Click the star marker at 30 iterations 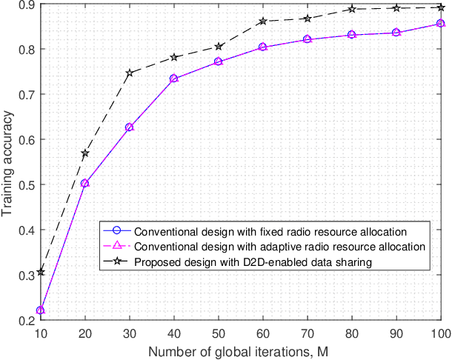129,73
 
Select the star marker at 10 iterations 40,272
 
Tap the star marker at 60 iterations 262,21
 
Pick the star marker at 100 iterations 440,7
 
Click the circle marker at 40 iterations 173,79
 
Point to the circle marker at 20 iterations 84,183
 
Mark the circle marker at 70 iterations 307,39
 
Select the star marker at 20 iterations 84,153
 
